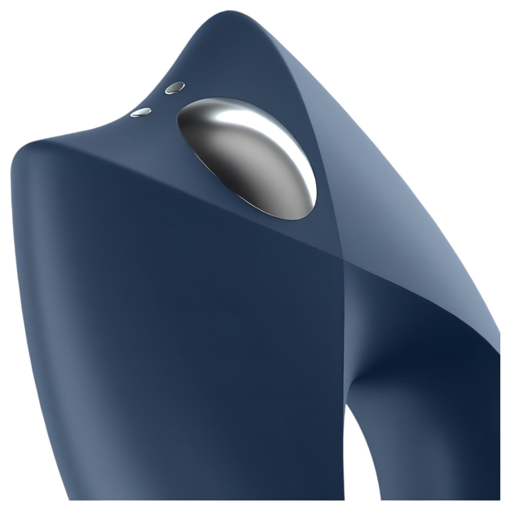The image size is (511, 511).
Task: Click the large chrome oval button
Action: pos(248,158)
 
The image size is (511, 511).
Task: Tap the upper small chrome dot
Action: pos(175,87)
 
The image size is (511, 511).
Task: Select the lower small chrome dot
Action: pos(141,113)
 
